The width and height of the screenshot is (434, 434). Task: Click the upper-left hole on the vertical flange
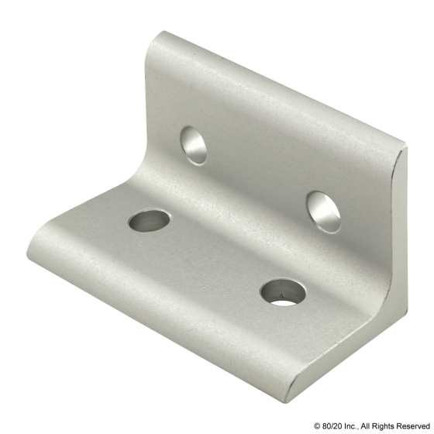click(195, 145)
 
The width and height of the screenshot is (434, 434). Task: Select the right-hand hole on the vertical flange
click(322, 212)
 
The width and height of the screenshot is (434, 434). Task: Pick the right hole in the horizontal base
click(283, 291)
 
